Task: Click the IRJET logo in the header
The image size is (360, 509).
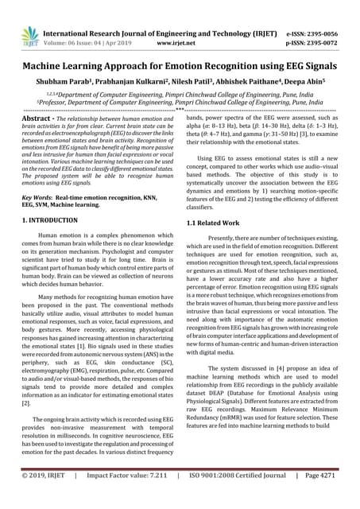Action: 29,35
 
